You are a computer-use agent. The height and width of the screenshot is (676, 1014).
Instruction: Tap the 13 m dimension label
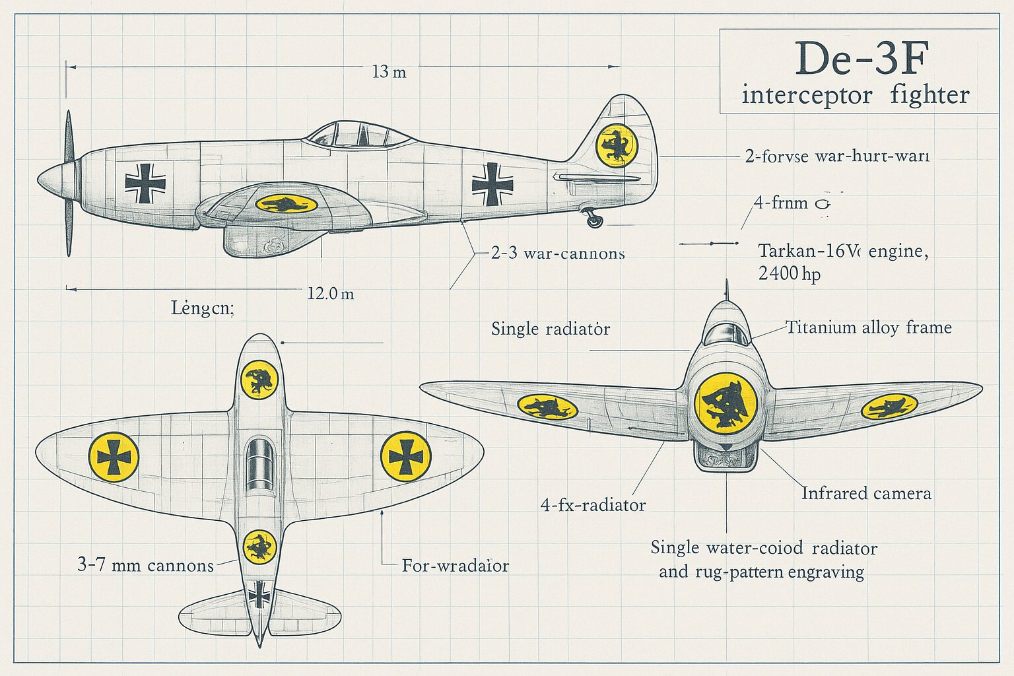(x=389, y=71)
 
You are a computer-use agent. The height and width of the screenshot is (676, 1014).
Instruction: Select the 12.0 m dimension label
(x=330, y=293)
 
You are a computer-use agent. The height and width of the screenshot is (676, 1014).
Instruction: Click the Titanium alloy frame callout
(x=868, y=327)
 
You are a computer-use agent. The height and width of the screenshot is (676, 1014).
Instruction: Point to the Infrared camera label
(x=866, y=493)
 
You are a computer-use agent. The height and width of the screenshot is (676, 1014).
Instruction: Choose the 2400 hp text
(x=789, y=273)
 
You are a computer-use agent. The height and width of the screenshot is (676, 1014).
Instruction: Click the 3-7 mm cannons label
(x=145, y=565)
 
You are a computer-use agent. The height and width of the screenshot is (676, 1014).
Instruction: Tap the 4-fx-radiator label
(x=593, y=506)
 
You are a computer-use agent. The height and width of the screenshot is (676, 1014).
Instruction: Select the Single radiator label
(x=550, y=329)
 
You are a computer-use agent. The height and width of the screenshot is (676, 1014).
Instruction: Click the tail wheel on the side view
(x=595, y=220)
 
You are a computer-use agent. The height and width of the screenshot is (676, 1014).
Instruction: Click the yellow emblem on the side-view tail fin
(x=617, y=145)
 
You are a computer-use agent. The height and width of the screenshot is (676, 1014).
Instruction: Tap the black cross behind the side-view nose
(x=145, y=184)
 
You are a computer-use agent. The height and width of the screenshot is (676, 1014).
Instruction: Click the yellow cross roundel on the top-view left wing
(x=114, y=457)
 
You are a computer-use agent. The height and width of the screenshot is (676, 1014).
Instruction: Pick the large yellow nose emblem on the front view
(x=726, y=403)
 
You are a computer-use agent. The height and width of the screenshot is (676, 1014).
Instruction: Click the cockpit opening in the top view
(x=259, y=465)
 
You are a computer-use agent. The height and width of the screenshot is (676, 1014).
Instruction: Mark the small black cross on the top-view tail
(x=259, y=595)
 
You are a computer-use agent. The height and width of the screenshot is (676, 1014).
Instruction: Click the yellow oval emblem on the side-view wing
(x=286, y=203)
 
